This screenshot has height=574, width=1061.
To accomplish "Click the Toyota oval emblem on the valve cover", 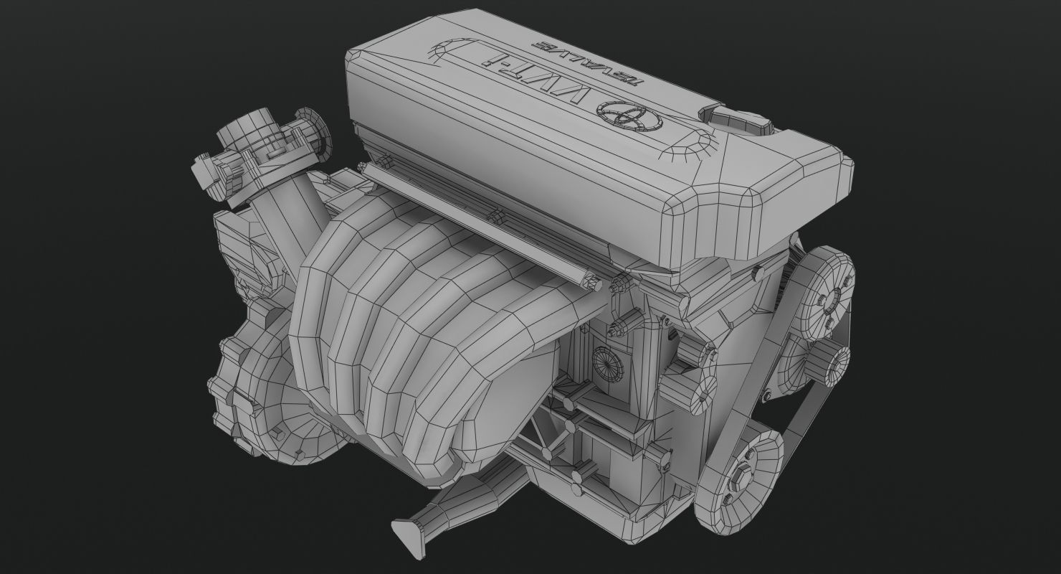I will tap(620, 116).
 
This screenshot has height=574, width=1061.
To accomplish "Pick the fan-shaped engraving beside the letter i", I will tap(444, 53).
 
